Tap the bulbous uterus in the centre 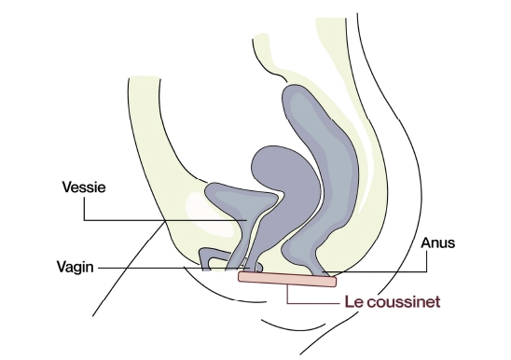pyautogui.click(x=275, y=167)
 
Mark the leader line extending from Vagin pyautogui.click(x=149, y=267)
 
